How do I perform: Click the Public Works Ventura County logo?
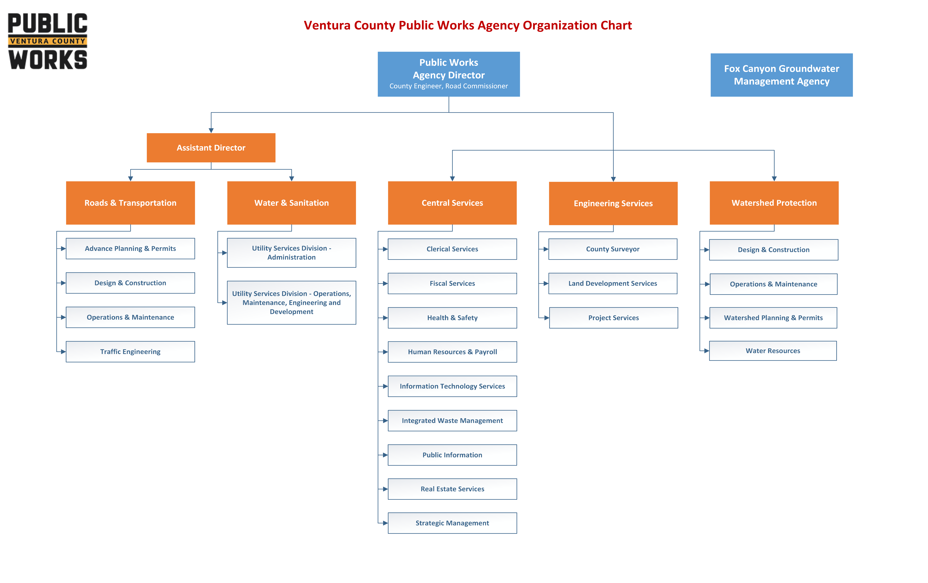click(48, 41)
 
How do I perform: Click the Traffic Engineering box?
click(130, 351)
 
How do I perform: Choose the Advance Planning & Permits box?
click(130, 249)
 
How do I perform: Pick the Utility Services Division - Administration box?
click(291, 253)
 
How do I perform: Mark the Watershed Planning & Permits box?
click(773, 318)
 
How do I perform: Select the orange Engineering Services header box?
click(613, 203)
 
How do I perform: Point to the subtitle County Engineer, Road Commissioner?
click(449, 86)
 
